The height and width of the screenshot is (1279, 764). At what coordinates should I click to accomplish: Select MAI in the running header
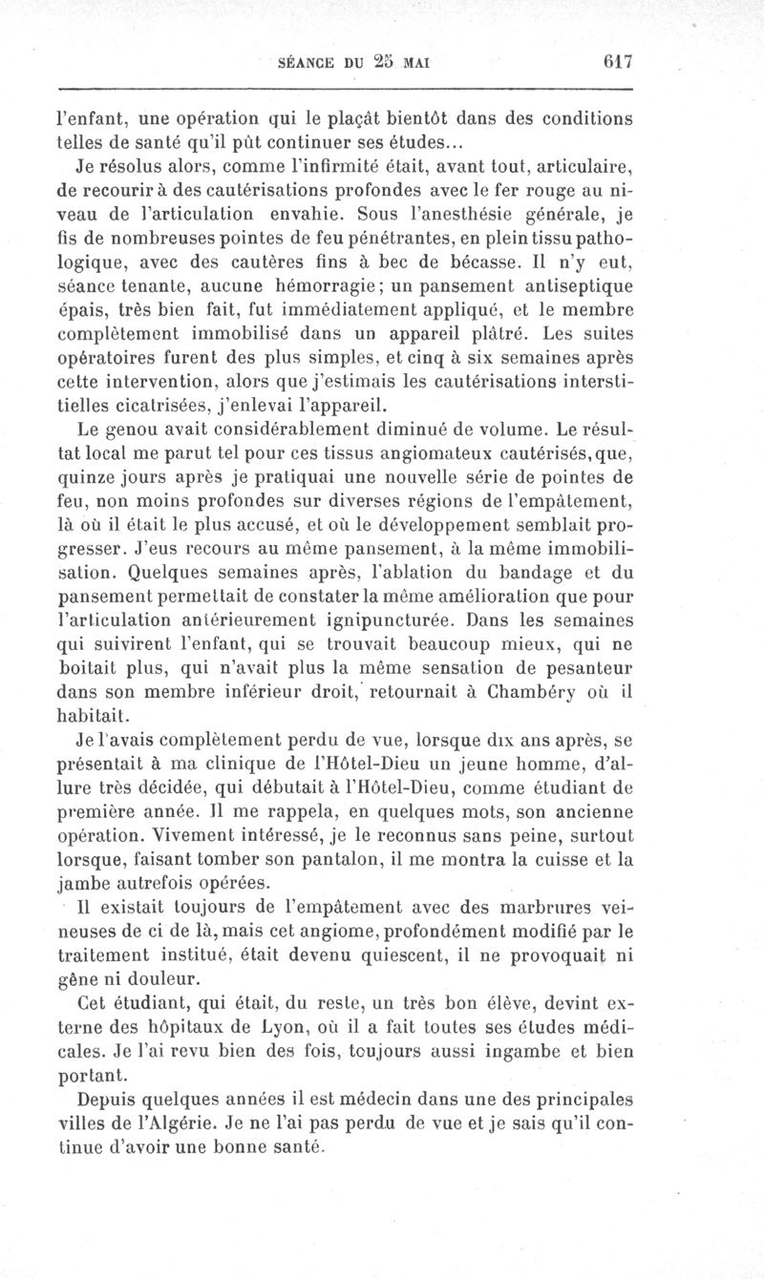point(414,63)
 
